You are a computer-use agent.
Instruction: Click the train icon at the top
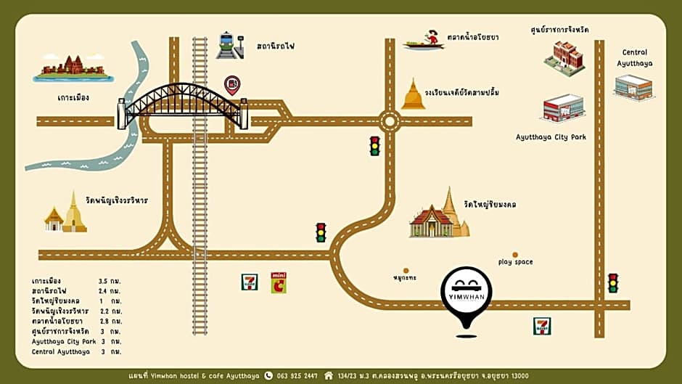tap(229, 45)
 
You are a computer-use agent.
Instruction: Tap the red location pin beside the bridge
tap(232, 85)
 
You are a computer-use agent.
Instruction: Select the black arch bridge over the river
tap(183, 105)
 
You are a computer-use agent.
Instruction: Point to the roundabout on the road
tap(390, 120)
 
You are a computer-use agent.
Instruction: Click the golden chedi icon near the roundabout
tap(414, 95)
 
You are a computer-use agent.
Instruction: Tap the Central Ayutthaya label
tap(635, 57)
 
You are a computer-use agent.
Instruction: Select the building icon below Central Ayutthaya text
tap(633, 87)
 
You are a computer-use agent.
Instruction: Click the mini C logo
tap(279, 282)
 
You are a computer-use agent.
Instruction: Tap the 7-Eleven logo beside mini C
tap(250, 282)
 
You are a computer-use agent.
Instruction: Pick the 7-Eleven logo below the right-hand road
tap(541, 325)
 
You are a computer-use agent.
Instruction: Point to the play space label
tap(516, 261)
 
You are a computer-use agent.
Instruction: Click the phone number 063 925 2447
tap(297, 375)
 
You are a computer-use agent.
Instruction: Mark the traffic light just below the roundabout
tap(375, 146)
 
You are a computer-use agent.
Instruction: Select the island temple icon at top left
tap(73, 68)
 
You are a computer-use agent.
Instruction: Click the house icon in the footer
tap(329, 375)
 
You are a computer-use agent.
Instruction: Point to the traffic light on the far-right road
tap(613, 282)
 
